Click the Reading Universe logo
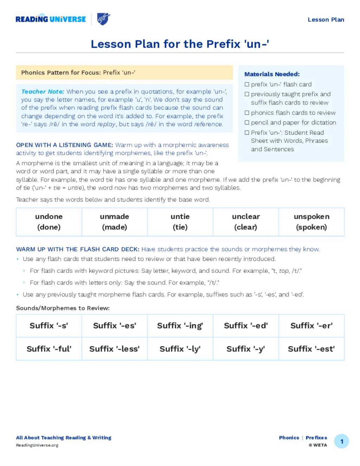coord(51,19)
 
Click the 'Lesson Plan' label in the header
coord(326,20)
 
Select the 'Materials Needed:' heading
coord(272,74)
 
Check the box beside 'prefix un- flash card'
coord(247,84)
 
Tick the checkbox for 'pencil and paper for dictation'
coord(247,122)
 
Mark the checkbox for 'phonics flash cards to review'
coord(247,113)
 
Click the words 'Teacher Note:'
coord(43,92)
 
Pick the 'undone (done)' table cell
coord(49,222)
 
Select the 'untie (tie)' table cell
coord(180,222)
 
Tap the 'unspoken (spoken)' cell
coord(311,222)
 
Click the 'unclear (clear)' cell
coord(246,222)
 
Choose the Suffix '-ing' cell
coord(180,326)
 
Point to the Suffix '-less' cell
coord(114,349)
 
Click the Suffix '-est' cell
coord(311,349)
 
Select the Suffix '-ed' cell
coord(246,326)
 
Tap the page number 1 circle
coord(341,441)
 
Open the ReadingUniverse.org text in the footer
coord(37,445)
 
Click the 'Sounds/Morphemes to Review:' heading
coord(63,308)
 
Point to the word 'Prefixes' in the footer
coord(316,438)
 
